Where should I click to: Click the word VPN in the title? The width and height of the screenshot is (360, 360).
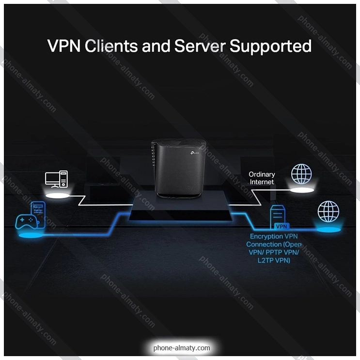[x=64, y=46]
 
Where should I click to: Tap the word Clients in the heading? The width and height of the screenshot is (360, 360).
[x=111, y=46]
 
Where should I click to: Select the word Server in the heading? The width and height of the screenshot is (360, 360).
[x=200, y=46]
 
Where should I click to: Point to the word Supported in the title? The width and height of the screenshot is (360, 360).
[x=270, y=47]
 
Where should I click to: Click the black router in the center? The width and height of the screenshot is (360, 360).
[x=179, y=168]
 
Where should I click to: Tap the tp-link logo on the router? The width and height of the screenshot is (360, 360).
[x=195, y=153]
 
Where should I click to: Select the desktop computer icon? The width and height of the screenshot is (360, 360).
[x=57, y=179]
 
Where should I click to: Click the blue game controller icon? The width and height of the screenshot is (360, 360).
[x=26, y=221]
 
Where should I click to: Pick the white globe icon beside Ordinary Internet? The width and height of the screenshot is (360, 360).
[x=301, y=174]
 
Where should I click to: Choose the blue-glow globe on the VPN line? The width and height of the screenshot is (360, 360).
[x=329, y=211]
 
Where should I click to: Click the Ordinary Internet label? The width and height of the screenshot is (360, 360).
[x=262, y=178]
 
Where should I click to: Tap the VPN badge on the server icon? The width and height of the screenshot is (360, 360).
[x=282, y=226]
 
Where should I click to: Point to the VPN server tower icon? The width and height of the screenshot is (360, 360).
[x=278, y=217]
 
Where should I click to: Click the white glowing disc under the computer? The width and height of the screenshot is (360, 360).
[x=57, y=196]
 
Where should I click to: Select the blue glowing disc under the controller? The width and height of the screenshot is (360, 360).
[x=31, y=235]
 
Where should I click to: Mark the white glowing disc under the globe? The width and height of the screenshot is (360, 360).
[x=302, y=190]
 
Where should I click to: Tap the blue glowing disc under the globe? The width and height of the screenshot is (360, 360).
[x=329, y=230]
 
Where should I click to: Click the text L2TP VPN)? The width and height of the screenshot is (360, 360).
[x=274, y=260]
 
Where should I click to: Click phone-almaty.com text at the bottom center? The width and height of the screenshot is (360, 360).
[x=182, y=348]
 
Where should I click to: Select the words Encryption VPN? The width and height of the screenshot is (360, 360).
[x=274, y=236]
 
